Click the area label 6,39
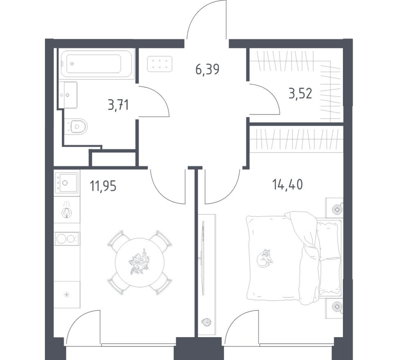pyautogui.click(x=207, y=69)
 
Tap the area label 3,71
pyautogui.click(x=118, y=105)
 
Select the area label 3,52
pyautogui.click(x=300, y=94)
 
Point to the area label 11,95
pyautogui.click(x=103, y=186)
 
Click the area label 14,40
pyautogui.click(x=288, y=185)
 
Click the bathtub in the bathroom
pyautogui.click(x=97, y=64)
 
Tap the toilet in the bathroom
pyautogui.click(x=77, y=126)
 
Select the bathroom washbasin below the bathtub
pyautogui.click(x=67, y=94)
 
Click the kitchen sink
pyautogui.click(x=65, y=182)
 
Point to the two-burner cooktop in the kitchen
pyautogui.click(x=66, y=239)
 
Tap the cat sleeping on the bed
pyautogui.click(x=265, y=258)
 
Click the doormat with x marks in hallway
pyautogui.click(x=159, y=63)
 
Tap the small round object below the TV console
pyautogui.click(x=207, y=322)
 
